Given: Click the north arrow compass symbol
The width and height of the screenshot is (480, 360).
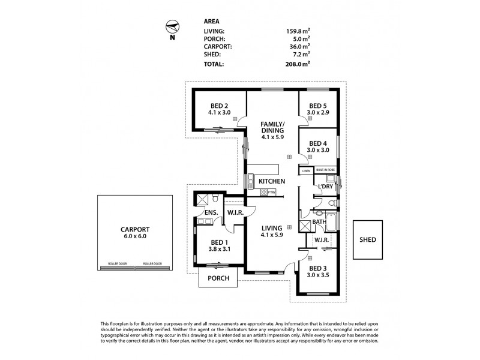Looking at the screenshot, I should tap(172, 27).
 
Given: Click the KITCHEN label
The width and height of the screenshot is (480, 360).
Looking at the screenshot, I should tap(271, 181).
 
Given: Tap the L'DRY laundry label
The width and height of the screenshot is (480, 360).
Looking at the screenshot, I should tap(326, 187).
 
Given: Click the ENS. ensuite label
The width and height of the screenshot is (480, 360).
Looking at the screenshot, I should tap(211, 213).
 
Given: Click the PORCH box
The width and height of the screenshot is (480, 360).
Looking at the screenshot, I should tap(218, 278).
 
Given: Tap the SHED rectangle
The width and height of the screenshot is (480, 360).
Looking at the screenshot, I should tap(368, 239).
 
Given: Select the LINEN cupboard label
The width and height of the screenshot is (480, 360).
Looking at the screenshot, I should tap(305, 171).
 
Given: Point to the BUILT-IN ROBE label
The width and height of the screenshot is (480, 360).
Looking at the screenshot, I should tap(326, 170).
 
